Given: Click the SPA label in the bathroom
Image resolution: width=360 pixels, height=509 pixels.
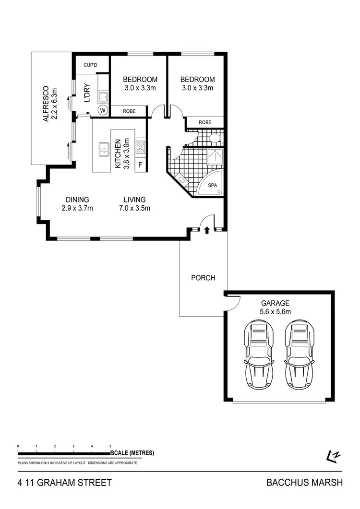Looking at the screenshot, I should (212, 185).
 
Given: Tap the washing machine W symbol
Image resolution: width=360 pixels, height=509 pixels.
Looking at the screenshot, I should (103, 110).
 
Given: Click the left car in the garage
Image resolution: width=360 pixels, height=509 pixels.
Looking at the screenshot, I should (259, 355).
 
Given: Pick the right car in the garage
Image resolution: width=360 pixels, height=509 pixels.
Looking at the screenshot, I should (300, 355).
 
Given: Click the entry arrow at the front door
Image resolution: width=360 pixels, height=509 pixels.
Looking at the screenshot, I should (207, 230).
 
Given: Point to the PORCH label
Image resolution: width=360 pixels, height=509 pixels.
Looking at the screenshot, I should (203, 278).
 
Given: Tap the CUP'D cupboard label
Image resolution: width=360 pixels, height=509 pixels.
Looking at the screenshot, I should (91, 65).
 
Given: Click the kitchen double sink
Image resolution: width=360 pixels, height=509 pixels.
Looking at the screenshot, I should (104, 149).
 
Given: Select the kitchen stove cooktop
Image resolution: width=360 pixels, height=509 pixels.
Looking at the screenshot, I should (141, 147).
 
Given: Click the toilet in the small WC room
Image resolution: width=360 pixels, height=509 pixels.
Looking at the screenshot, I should (215, 139).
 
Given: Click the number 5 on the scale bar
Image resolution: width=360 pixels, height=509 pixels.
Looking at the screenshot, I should (110, 446).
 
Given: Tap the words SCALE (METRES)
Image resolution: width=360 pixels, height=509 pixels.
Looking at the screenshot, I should (132, 453).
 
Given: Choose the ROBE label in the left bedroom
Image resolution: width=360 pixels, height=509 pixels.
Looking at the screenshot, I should (129, 111).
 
